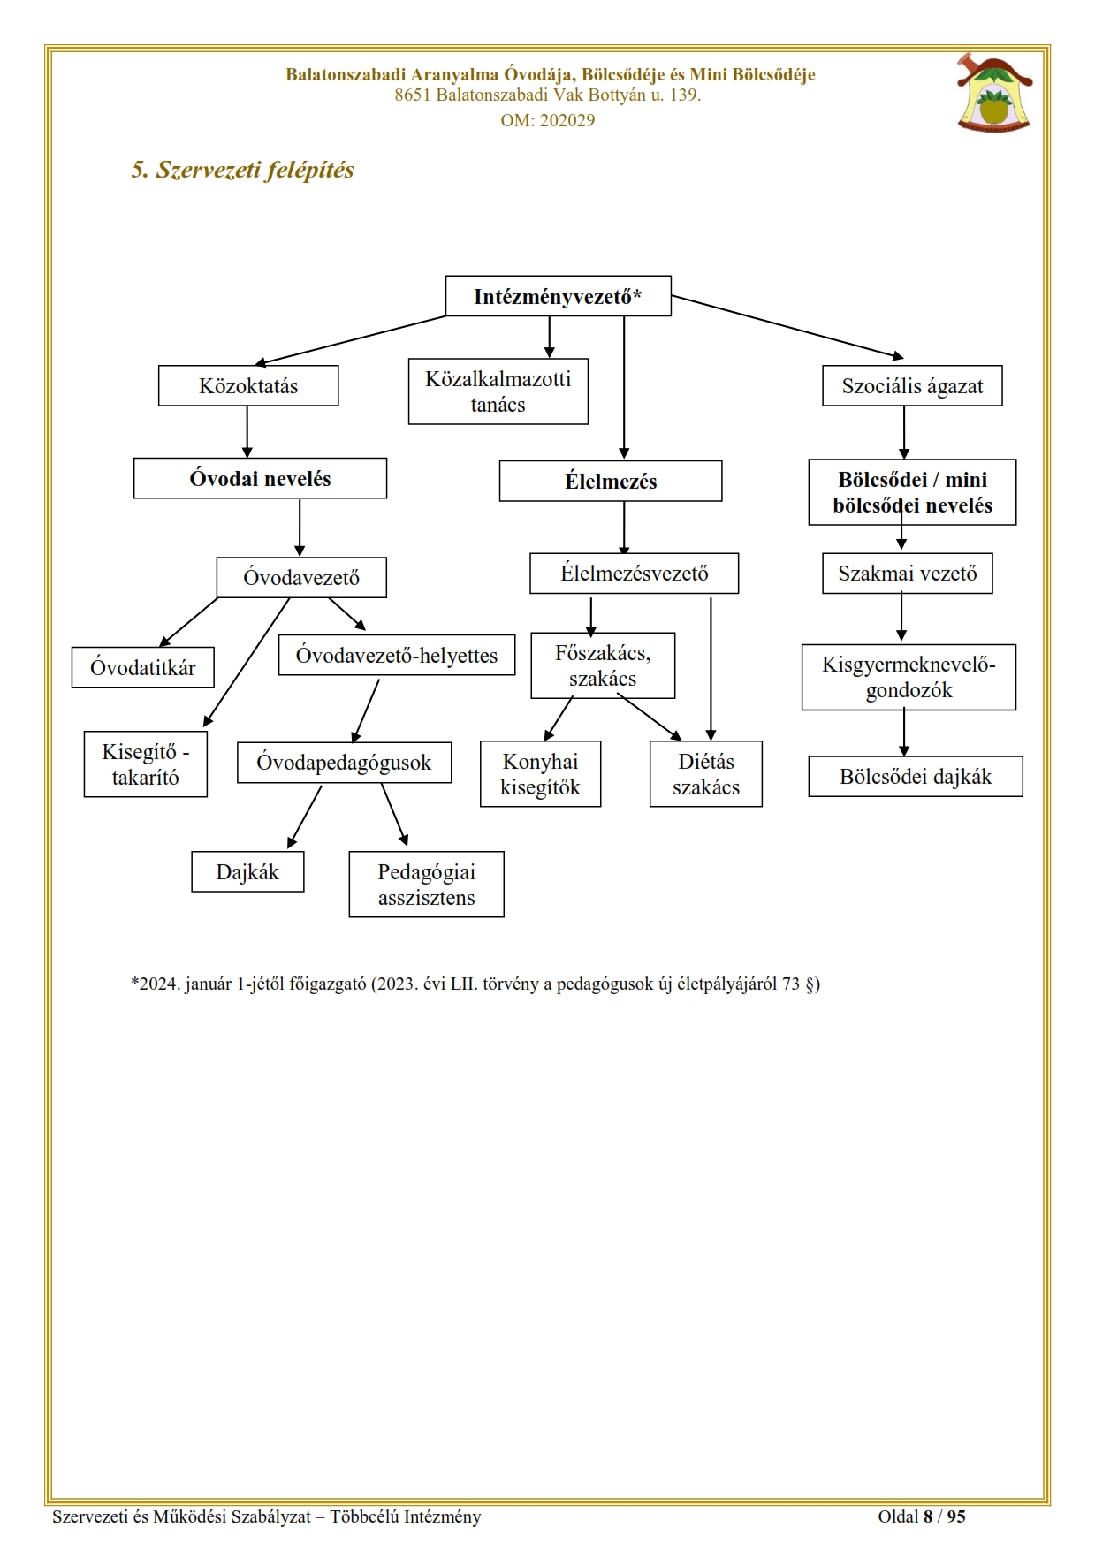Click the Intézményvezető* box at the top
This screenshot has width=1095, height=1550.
[x=558, y=296]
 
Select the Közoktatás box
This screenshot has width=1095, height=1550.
[x=248, y=386]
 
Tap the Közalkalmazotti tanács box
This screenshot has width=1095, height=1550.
[x=498, y=391]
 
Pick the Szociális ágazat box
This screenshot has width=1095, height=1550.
[x=912, y=386]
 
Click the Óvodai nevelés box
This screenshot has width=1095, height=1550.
[x=260, y=478]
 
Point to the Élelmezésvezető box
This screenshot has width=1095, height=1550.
[x=635, y=574]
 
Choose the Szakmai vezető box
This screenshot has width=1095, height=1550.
[x=908, y=574]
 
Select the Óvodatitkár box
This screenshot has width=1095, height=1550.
[x=143, y=667]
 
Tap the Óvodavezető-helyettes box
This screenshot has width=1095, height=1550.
[x=397, y=655]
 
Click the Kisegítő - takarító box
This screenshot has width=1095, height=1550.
[x=146, y=764]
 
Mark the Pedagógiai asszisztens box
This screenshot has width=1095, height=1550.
[x=427, y=885]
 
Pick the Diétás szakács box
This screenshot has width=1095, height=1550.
[x=706, y=774]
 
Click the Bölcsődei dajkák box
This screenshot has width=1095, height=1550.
[x=916, y=777]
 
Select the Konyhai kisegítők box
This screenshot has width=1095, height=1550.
[x=541, y=774]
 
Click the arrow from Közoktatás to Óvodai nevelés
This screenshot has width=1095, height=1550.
[x=247, y=432]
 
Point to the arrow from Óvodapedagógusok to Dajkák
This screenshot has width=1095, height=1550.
[x=304, y=817]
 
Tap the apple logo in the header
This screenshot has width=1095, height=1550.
[x=994, y=92]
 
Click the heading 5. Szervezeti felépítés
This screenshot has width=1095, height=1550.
[x=242, y=170]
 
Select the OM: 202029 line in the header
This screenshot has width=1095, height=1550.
[x=548, y=120]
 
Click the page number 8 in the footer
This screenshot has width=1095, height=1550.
[x=928, y=1517]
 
